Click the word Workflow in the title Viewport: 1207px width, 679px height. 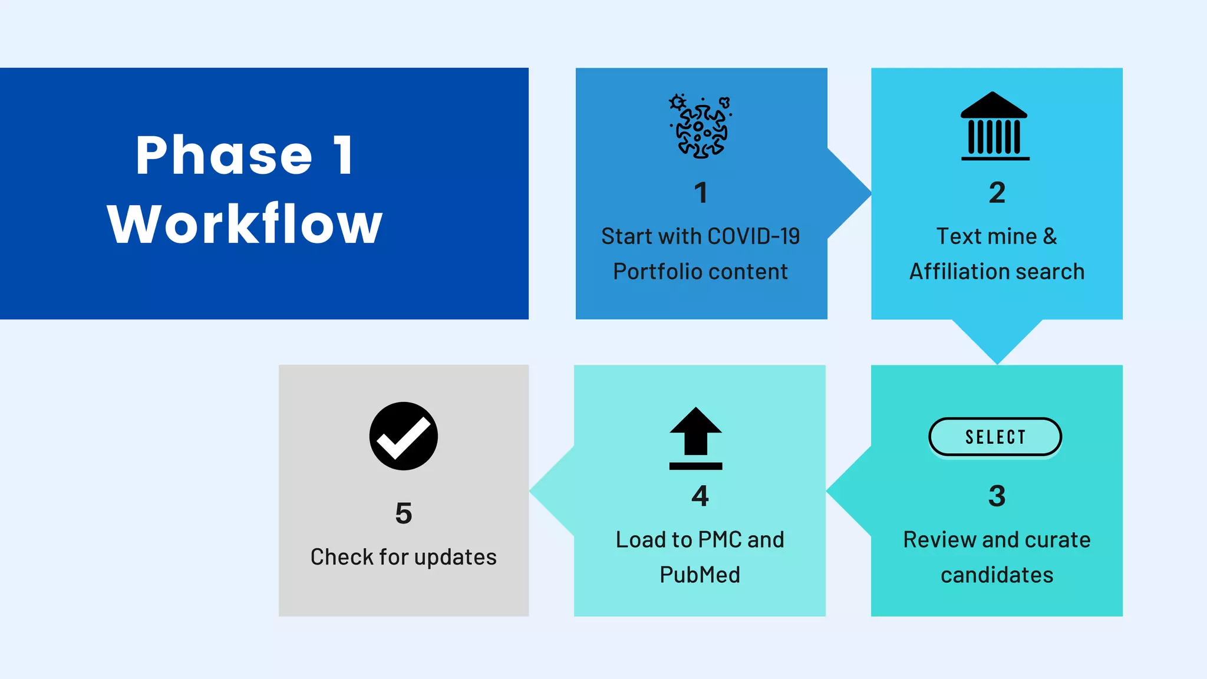click(245, 224)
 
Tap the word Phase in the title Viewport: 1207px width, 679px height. click(224, 156)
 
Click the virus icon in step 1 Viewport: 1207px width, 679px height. click(701, 127)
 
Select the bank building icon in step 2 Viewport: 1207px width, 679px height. click(995, 126)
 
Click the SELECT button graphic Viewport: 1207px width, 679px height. click(995, 437)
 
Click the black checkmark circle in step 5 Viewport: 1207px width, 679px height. click(404, 436)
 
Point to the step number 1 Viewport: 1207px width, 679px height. click(701, 193)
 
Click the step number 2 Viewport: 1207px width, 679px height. click(997, 193)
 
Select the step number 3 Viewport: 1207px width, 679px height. click(997, 496)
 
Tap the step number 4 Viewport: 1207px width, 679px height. click(700, 496)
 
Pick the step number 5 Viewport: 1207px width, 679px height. click(404, 513)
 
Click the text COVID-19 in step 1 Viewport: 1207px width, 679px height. click(754, 236)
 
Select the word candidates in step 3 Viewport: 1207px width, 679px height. click(997, 575)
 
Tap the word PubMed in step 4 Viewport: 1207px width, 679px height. click(700, 575)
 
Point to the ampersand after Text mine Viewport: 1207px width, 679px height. click(1050, 236)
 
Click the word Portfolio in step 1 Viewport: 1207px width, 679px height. click(655, 272)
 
